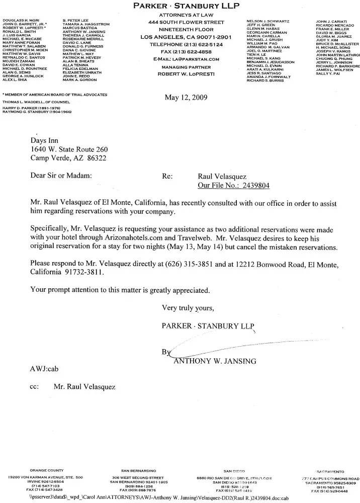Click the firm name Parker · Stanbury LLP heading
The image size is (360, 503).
point(186,6)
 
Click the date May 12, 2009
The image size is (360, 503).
point(186,98)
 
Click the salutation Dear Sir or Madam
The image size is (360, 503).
point(61,177)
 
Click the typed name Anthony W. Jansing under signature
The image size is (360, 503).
point(215,361)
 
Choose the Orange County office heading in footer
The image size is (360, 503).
point(46,471)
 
